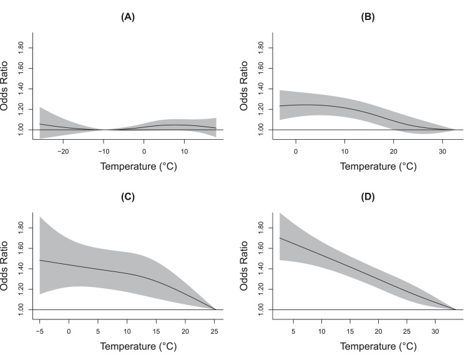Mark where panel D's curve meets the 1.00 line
(456, 309)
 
